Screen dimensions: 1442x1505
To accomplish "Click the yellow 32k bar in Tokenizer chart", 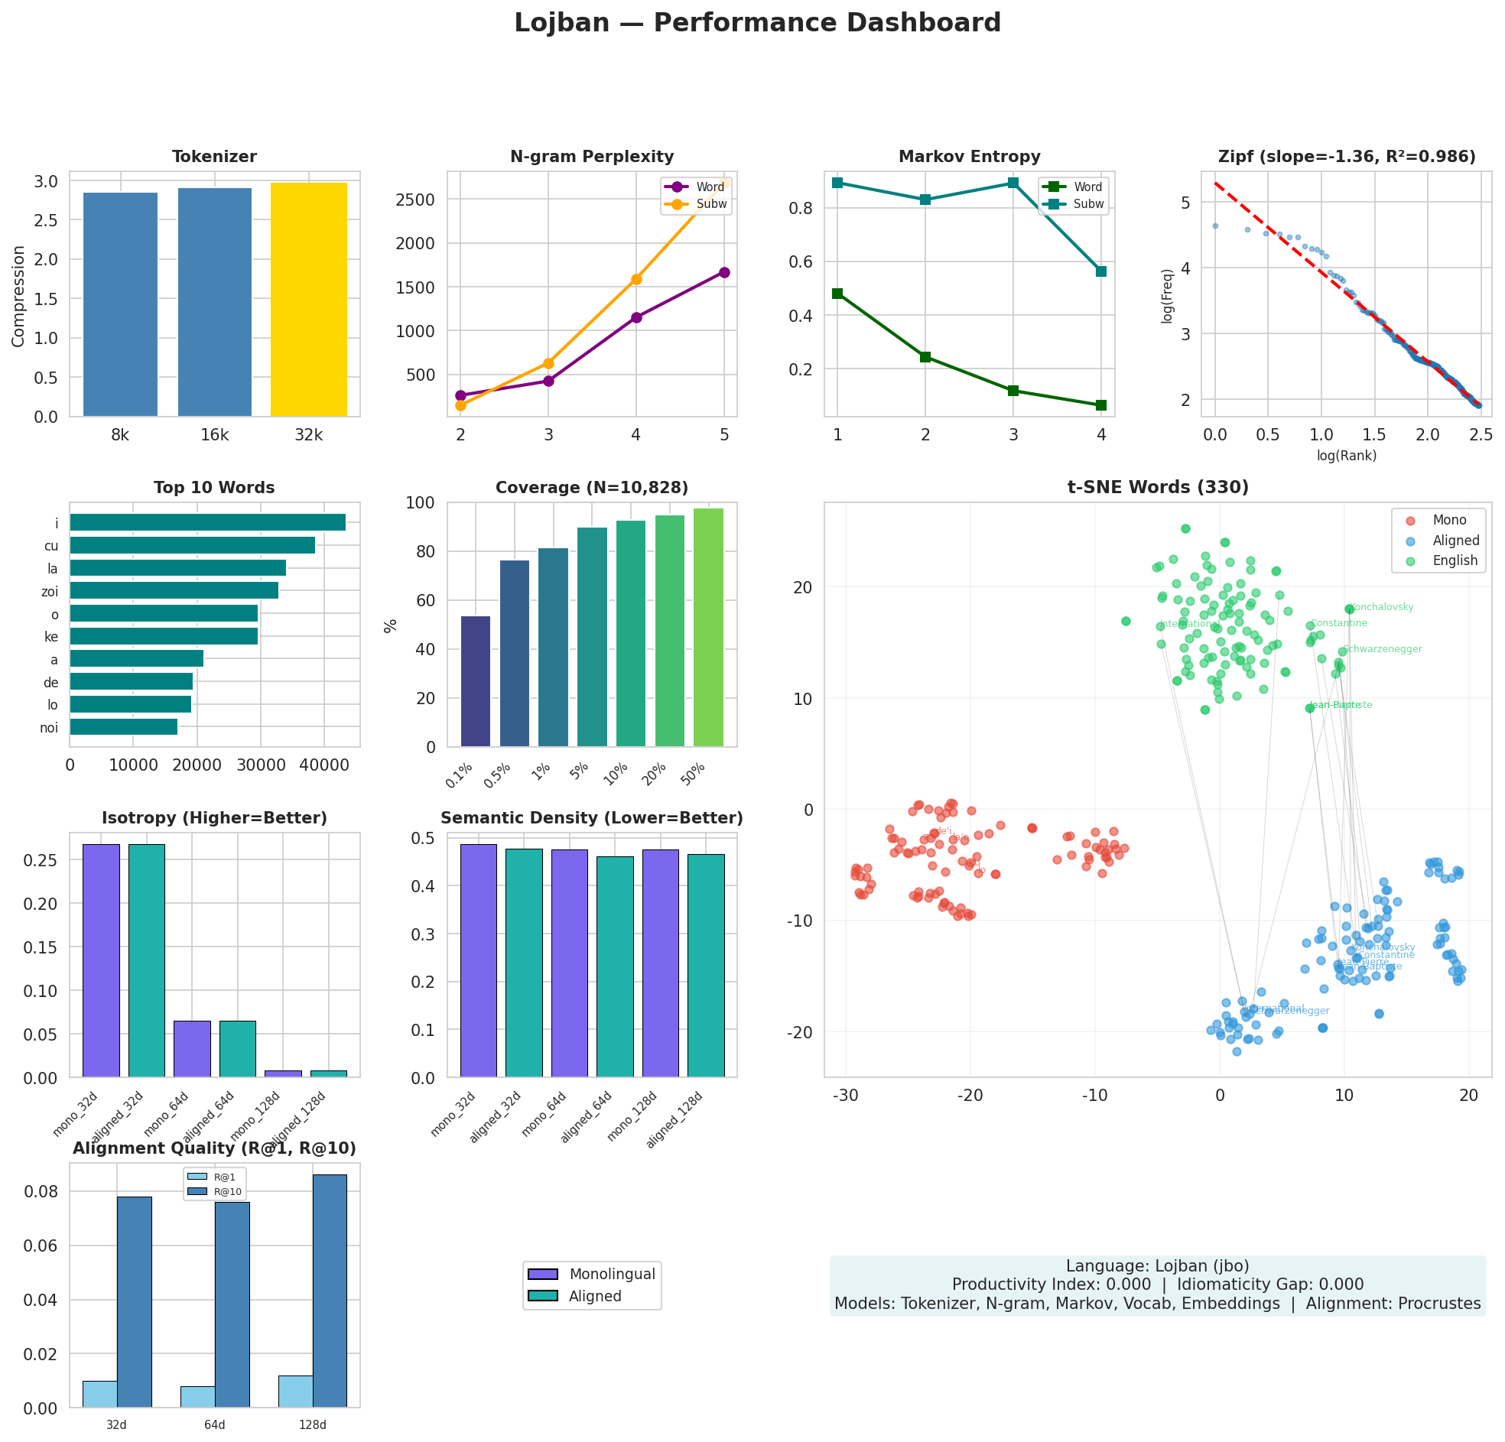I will click(x=309, y=300).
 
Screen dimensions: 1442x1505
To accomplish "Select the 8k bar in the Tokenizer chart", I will click(x=120, y=305).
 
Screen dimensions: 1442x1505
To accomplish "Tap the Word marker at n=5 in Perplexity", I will click(x=723, y=273).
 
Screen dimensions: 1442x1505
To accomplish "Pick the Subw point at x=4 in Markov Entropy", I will click(x=1101, y=271).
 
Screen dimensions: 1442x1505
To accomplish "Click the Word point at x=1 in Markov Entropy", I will click(x=837, y=294).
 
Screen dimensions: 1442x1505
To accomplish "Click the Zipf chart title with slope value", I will click(x=1347, y=158).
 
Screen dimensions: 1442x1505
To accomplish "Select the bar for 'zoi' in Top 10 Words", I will click(x=174, y=590).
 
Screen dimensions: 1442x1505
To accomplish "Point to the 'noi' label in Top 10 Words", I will click(x=49, y=728).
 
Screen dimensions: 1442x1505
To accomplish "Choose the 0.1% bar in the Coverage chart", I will click(x=476, y=681).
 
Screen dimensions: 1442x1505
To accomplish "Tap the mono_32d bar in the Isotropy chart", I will click(x=101, y=960).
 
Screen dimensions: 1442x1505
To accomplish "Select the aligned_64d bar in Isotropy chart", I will click(x=237, y=1049).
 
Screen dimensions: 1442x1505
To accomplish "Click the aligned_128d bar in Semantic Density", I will click(x=706, y=966).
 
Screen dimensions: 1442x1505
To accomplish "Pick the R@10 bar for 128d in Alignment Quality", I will click(x=330, y=1291).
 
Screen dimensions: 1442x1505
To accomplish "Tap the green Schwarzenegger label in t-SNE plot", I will click(x=1382, y=650).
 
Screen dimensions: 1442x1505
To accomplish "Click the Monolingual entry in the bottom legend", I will click(x=611, y=1275).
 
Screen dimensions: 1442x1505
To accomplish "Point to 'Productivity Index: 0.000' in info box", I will click(x=1052, y=1284).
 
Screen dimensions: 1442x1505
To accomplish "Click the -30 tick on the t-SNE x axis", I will click(x=845, y=1096).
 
